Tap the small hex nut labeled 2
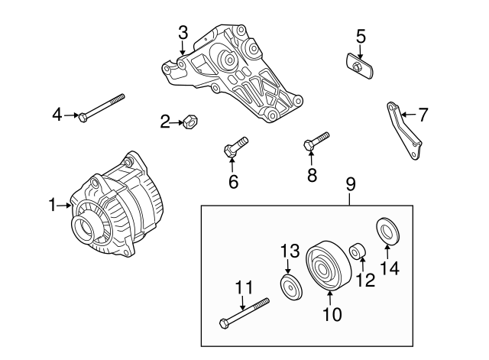(193, 121)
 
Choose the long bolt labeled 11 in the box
(244, 312)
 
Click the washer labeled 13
(290, 289)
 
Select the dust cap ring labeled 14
(387, 231)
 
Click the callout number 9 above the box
(350, 184)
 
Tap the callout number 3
(183, 32)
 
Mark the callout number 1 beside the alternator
(53, 205)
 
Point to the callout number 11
(243, 287)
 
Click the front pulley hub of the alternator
(84, 227)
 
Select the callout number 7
(423, 115)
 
